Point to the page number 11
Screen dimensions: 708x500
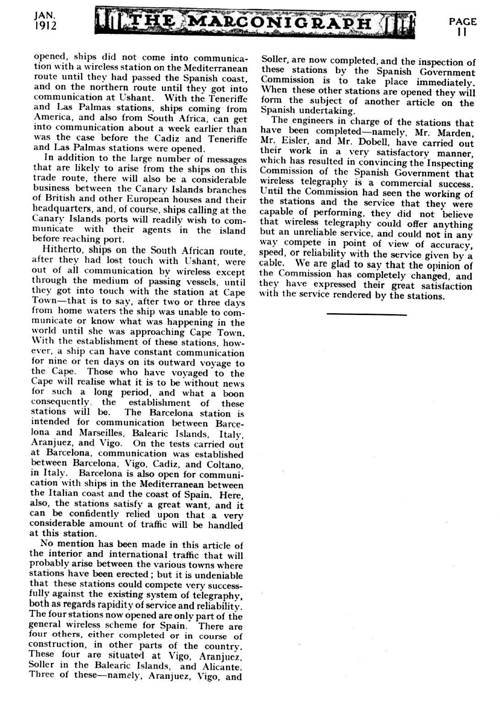[x=462, y=32]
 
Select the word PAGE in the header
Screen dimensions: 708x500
[x=462, y=21]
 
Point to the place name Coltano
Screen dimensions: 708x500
[x=223, y=465]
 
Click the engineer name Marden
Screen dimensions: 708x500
[x=454, y=133]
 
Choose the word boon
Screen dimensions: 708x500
[x=233, y=394]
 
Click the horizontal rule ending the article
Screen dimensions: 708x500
[x=367, y=315]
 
